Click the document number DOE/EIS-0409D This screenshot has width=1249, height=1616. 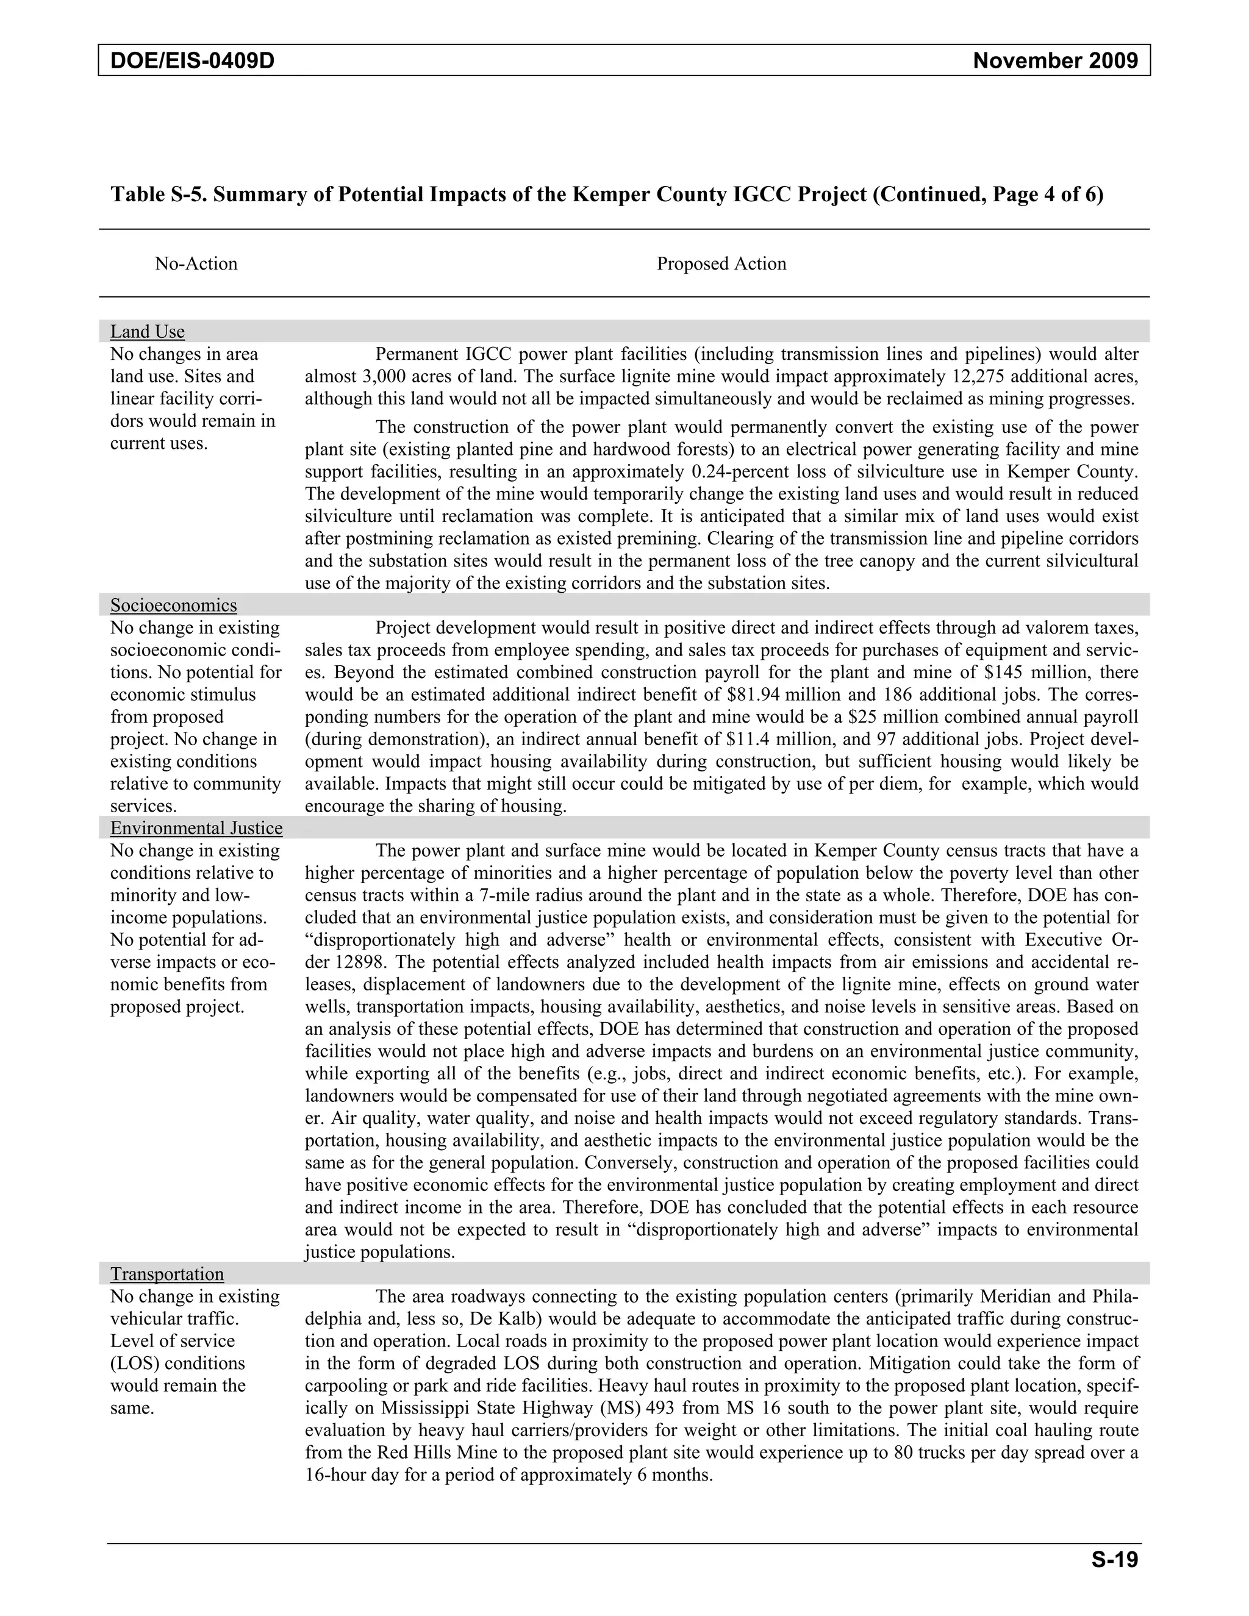click(192, 60)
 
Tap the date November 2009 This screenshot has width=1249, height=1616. click(1055, 60)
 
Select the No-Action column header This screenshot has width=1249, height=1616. click(196, 264)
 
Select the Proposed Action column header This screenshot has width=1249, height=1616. click(721, 264)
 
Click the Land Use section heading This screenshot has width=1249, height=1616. click(147, 332)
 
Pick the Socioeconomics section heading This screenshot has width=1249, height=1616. click(173, 606)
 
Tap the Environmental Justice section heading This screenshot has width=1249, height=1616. click(196, 828)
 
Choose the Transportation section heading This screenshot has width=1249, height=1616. click(166, 1273)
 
